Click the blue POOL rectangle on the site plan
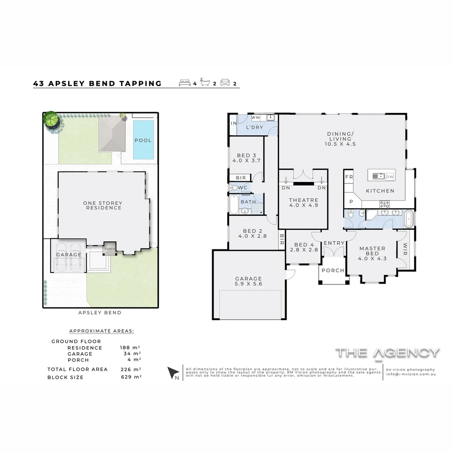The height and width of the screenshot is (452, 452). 143,140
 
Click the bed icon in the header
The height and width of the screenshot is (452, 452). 185,82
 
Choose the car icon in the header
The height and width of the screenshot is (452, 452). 225,82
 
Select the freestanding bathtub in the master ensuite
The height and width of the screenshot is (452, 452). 408,219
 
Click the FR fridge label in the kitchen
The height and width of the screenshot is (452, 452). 349,177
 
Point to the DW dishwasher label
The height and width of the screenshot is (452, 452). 390,177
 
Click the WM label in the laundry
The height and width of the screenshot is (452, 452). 256,118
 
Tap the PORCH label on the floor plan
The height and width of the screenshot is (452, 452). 333,270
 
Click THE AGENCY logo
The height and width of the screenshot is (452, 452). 388,353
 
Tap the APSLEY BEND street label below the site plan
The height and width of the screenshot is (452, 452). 100,313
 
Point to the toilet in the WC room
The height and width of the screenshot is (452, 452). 234,188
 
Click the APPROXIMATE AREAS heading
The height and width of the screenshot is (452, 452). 101,331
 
